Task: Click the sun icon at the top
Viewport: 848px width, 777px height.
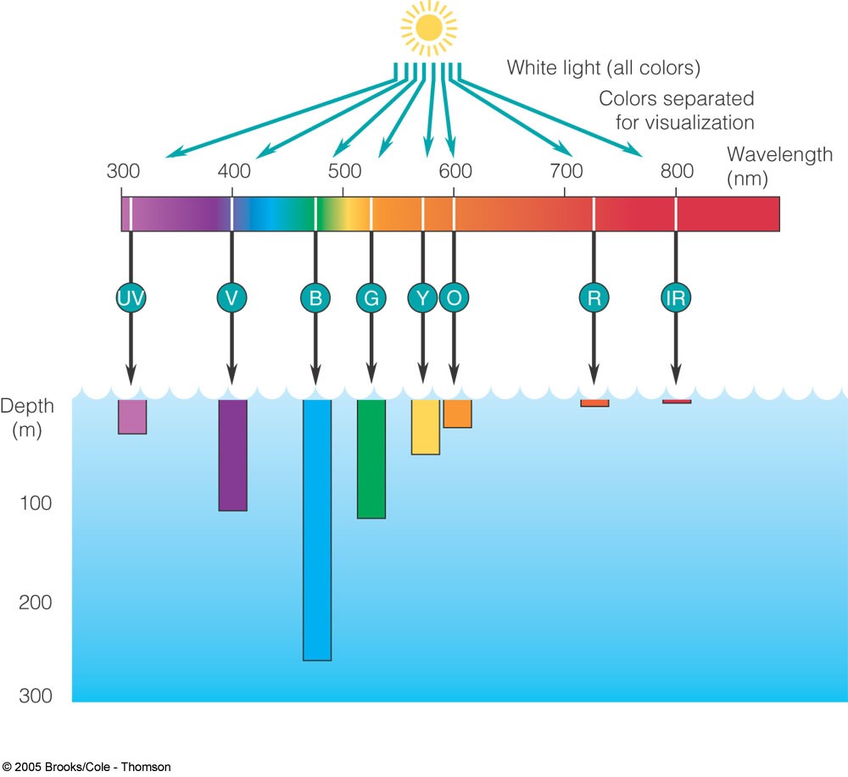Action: tap(428, 29)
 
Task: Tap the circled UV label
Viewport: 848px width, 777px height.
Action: tap(131, 297)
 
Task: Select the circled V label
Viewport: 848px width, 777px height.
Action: tap(232, 297)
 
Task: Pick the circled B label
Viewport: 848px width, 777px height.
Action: tap(315, 297)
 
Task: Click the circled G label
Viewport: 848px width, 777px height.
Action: tap(371, 297)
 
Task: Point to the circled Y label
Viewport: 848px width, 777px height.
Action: tap(422, 297)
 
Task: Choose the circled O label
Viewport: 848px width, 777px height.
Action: tap(454, 297)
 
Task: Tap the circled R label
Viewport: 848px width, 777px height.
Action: tap(594, 297)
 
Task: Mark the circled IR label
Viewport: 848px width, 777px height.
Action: tap(676, 297)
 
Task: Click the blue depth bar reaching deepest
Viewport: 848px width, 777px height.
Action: tap(317, 530)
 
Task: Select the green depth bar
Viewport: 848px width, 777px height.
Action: tap(371, 458)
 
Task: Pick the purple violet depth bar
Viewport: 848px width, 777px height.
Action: tap(232, 455)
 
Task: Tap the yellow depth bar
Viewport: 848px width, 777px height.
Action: tap(426, 427)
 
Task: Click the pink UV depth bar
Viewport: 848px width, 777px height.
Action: tap(132, 417)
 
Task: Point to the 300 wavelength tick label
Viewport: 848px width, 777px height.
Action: tap(123, 171)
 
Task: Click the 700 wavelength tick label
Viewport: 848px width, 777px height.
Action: tap(566, 171)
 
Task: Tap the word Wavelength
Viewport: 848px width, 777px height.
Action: tap(779, 156)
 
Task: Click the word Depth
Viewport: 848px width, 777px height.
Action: tap(26, 406)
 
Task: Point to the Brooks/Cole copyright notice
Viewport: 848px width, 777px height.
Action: tap(86, 767)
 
